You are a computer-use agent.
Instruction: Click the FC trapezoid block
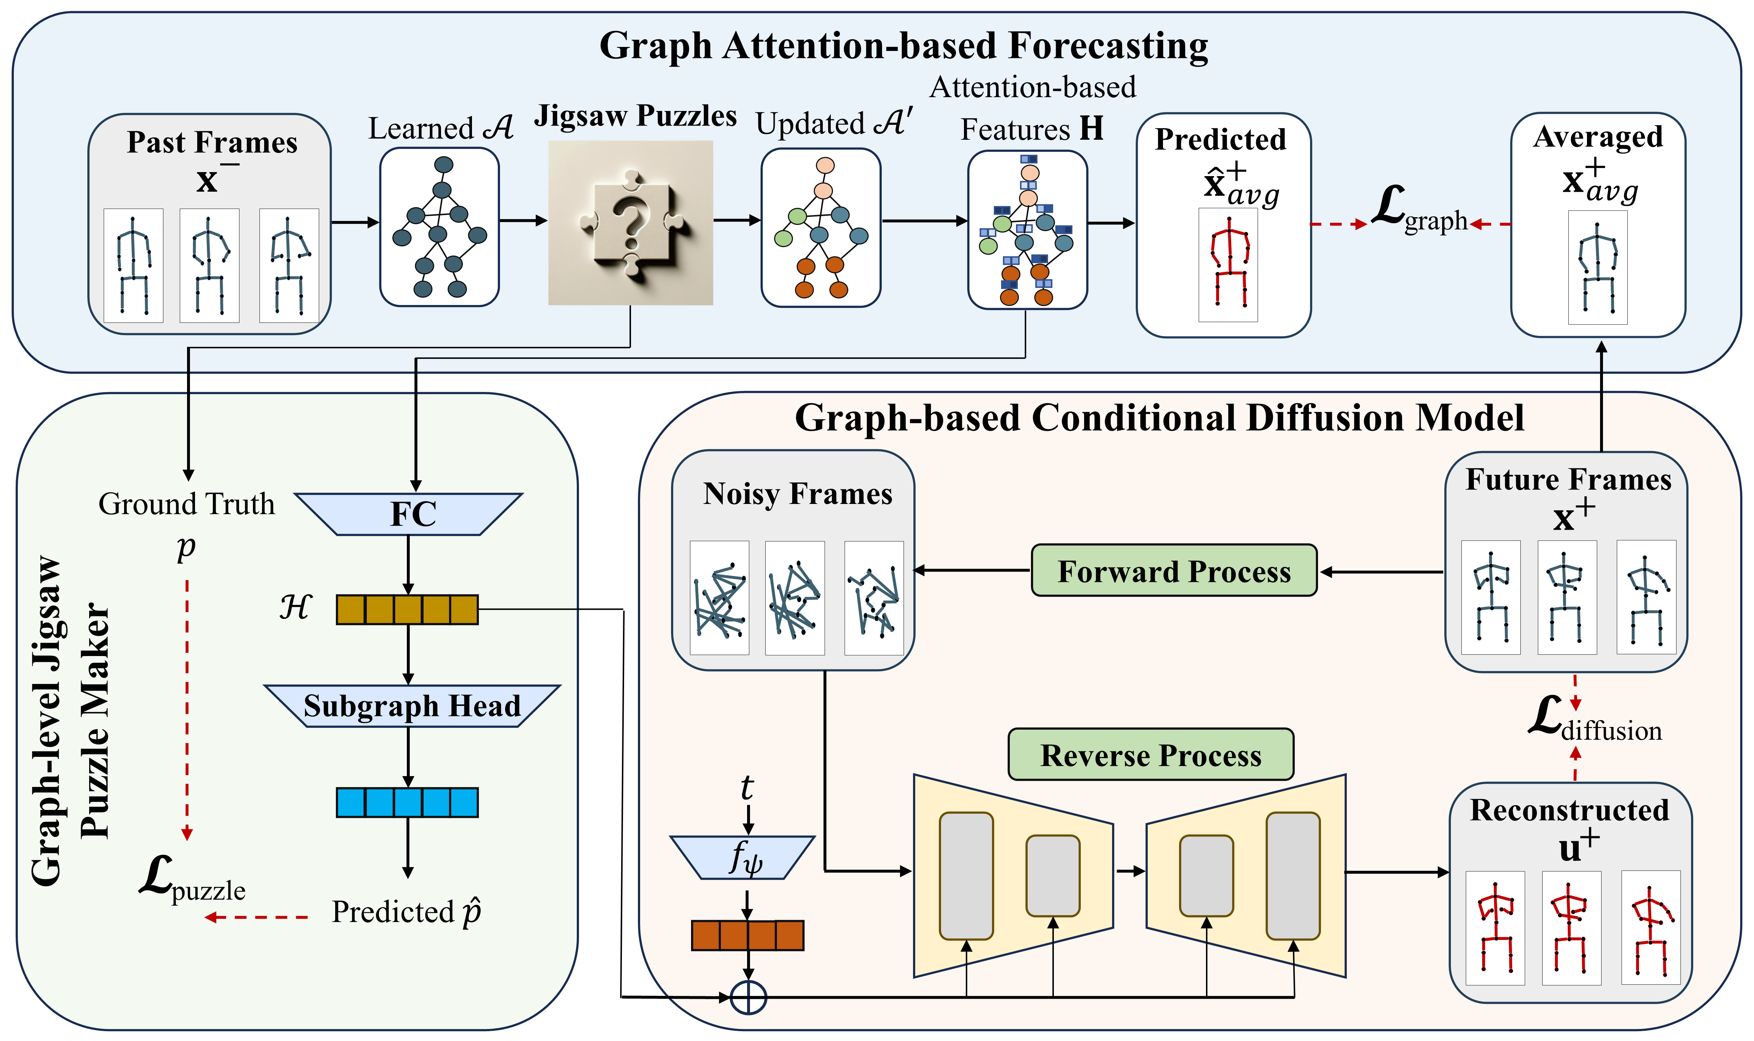pos(409,514)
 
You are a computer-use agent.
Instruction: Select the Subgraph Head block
pos(412,706)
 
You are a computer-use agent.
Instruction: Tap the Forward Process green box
pos(1174,571)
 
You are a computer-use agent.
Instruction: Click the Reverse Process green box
pos(1151,755)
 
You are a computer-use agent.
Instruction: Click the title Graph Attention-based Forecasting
pos(904,46)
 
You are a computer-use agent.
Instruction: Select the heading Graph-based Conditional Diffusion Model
pos(1159,418)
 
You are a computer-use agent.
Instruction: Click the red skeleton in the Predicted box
pos(1229,263)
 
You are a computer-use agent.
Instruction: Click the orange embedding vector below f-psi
pos(747,935)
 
